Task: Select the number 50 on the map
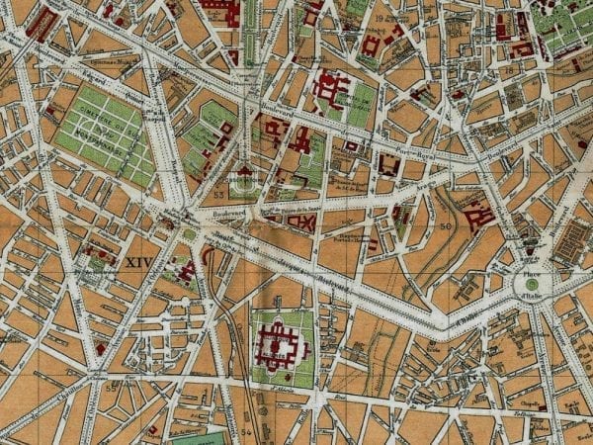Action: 446,227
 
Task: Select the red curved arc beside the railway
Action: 210,260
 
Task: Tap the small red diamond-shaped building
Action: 307,224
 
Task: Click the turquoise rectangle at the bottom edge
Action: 199,438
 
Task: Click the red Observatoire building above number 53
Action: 243,173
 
